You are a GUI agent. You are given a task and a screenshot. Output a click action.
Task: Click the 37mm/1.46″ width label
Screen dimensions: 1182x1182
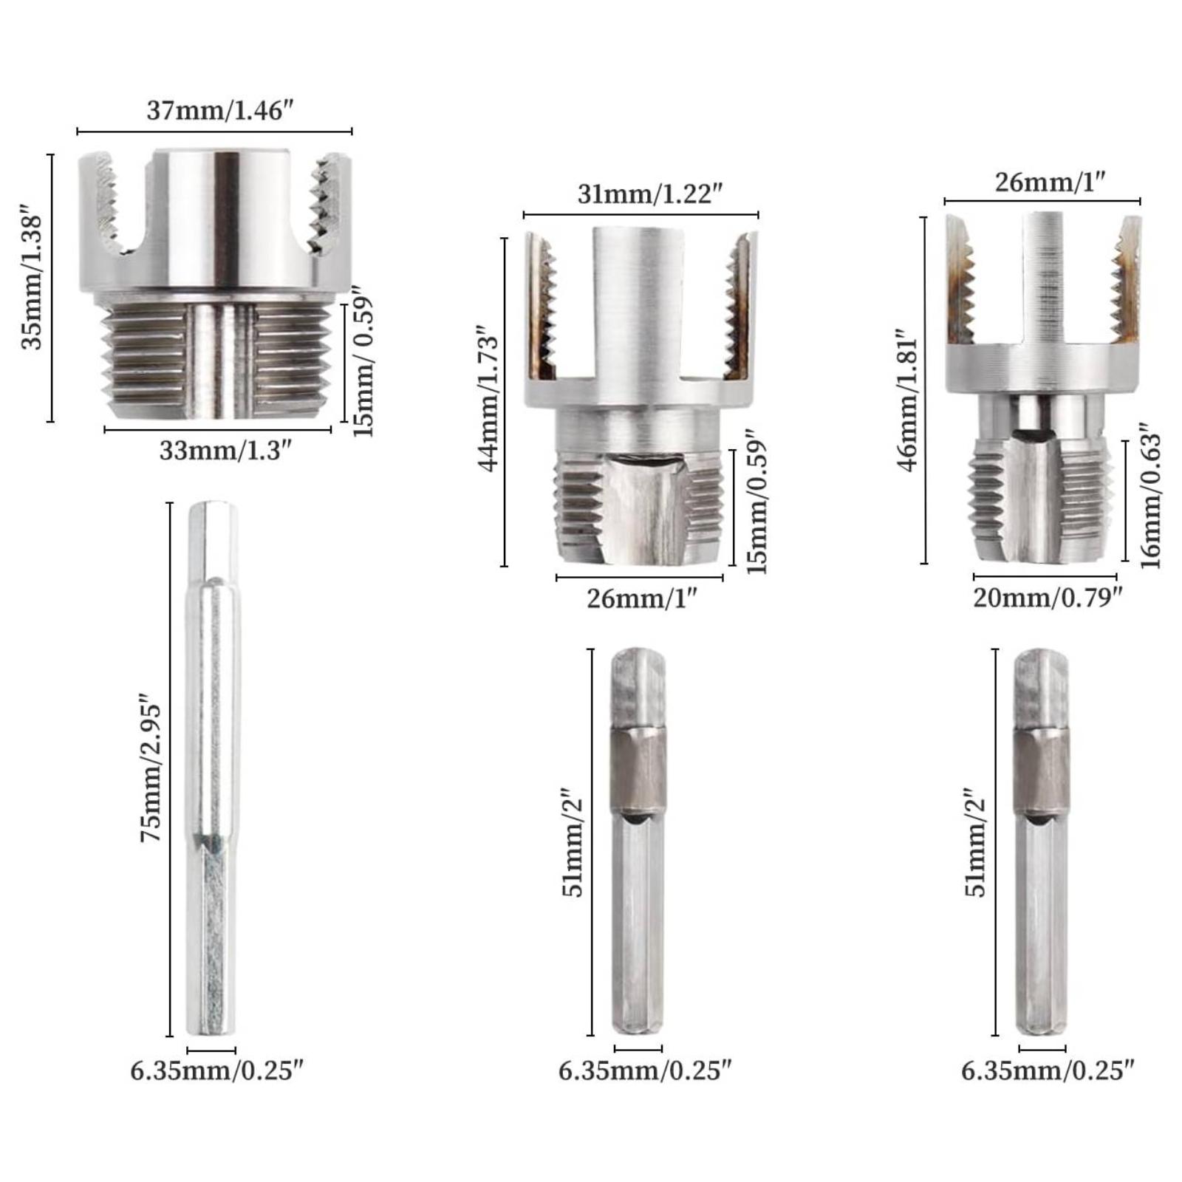[215, 110]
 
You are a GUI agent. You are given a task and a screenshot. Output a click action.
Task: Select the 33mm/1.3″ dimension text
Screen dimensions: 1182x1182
[221, 451]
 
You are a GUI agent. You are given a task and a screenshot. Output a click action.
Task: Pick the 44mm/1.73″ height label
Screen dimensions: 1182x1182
[490, 403]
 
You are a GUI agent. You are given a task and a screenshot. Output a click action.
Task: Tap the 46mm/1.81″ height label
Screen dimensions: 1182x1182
[908, 399]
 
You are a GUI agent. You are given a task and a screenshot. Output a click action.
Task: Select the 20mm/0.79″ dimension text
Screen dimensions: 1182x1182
[1047, 597]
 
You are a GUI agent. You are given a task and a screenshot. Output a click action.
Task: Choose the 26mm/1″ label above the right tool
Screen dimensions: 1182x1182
[1049, 182]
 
